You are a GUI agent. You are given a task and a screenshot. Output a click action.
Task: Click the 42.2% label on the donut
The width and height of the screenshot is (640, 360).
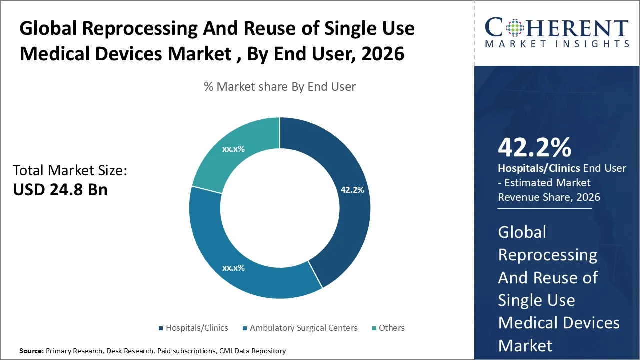point(352,190)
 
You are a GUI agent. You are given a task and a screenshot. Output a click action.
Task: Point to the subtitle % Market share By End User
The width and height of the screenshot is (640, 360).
point(280,87)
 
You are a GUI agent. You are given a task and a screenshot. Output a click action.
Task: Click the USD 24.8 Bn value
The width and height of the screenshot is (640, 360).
point(60,190)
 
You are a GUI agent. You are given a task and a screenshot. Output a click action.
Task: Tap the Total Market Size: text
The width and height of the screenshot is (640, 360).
point(70,171)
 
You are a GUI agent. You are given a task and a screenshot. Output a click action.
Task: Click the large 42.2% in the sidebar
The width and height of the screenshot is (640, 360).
point(534,148)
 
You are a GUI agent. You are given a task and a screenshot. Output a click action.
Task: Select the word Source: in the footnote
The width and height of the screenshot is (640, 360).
point(31,351)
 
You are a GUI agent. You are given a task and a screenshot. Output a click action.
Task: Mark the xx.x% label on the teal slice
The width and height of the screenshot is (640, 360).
point(233,149)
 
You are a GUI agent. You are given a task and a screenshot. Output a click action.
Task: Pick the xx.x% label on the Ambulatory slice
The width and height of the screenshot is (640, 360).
point(233,268)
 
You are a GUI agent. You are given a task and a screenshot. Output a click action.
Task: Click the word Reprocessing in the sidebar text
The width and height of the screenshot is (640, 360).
point(547,255)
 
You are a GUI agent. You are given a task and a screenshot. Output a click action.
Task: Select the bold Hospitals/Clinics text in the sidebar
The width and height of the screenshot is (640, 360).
point(539,168)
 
